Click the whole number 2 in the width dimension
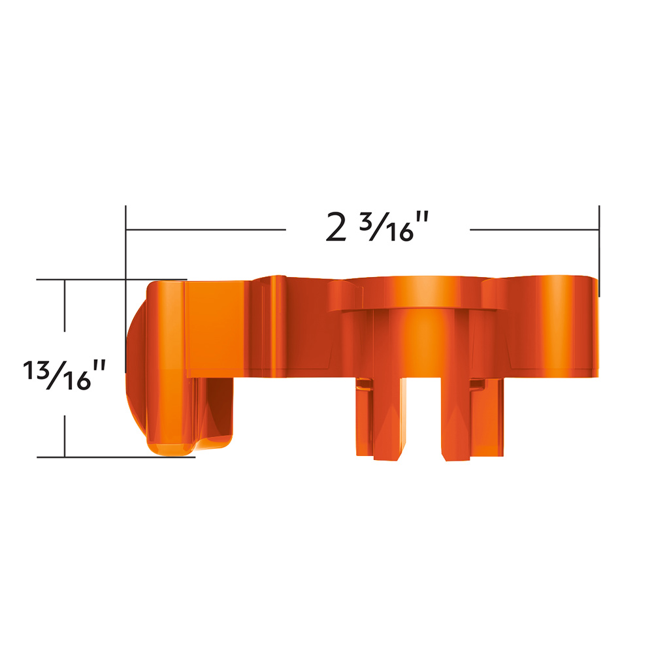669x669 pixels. point(336,228)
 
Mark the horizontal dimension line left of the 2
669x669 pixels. point(206,230)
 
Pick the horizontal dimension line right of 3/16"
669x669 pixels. point(534,230)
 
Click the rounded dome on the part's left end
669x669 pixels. point(135,366)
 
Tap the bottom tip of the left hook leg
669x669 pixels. point(171,448)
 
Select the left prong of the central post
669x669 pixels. point(388,418)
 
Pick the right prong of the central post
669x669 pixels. point(456,418)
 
